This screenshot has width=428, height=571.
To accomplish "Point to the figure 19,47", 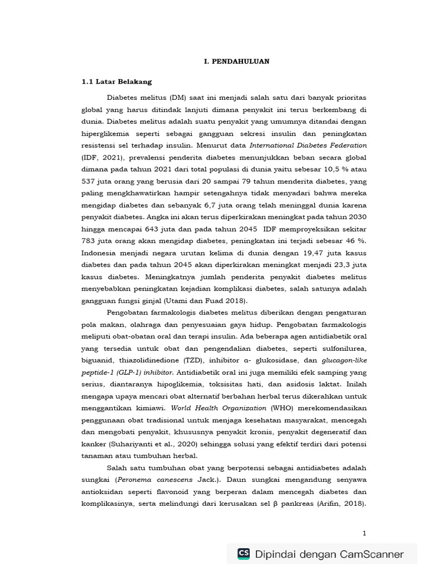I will click(299, 253).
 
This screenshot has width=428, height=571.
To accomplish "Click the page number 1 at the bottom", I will click(364, 533).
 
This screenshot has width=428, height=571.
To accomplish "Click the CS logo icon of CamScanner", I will click(244, 554).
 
